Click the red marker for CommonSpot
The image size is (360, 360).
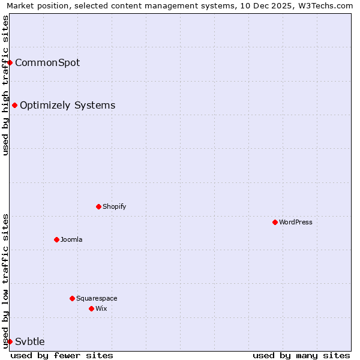[10, 62]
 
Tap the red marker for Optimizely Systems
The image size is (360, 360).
[15, 106]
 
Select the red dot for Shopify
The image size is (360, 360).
[98, 206]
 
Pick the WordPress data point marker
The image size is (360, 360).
[275, 222]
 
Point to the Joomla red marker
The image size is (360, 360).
[56, 239]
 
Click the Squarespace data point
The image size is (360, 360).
[72, 298]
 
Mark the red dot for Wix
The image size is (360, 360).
[91, 308]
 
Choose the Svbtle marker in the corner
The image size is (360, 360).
[10, 341]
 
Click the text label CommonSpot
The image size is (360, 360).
[47, 62]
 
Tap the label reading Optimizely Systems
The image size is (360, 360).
[67, 106]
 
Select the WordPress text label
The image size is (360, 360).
[296, 222]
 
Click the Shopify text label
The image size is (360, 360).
[115, 206]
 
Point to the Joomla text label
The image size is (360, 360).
[71, 239]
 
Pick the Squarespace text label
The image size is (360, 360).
[97, 298]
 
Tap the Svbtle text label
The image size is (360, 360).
[30, 341]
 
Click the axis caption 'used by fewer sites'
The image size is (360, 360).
[62, 355]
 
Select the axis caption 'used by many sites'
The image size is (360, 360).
[301, 355]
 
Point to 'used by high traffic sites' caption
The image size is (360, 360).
[5, 85]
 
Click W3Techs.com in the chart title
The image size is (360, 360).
[328, 6]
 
